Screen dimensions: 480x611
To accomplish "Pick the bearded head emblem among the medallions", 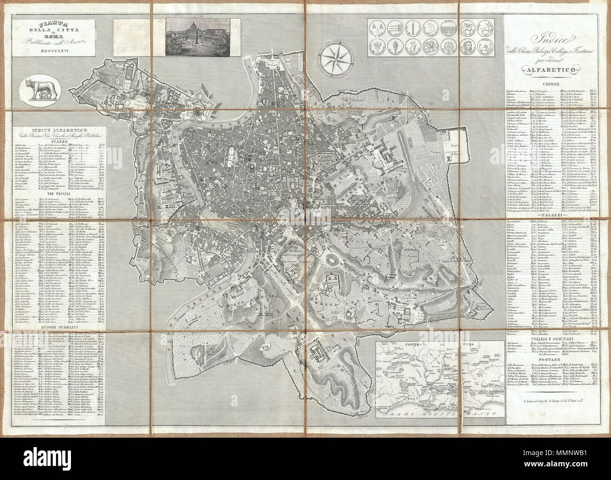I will (x=469, y=48).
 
